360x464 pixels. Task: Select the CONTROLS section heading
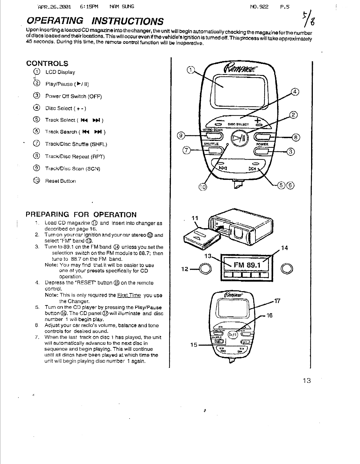click(x=47, y=64)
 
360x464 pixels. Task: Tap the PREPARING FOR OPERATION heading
click(x=81, y=214)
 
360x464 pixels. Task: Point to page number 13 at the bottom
click(x=307, y=381)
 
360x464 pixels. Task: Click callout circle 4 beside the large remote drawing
click(x=295, y=92)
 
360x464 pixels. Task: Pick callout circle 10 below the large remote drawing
click(x=203, y=187)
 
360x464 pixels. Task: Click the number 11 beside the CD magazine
click(x=195, y=218)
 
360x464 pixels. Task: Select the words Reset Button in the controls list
click(x=60, y=181)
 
